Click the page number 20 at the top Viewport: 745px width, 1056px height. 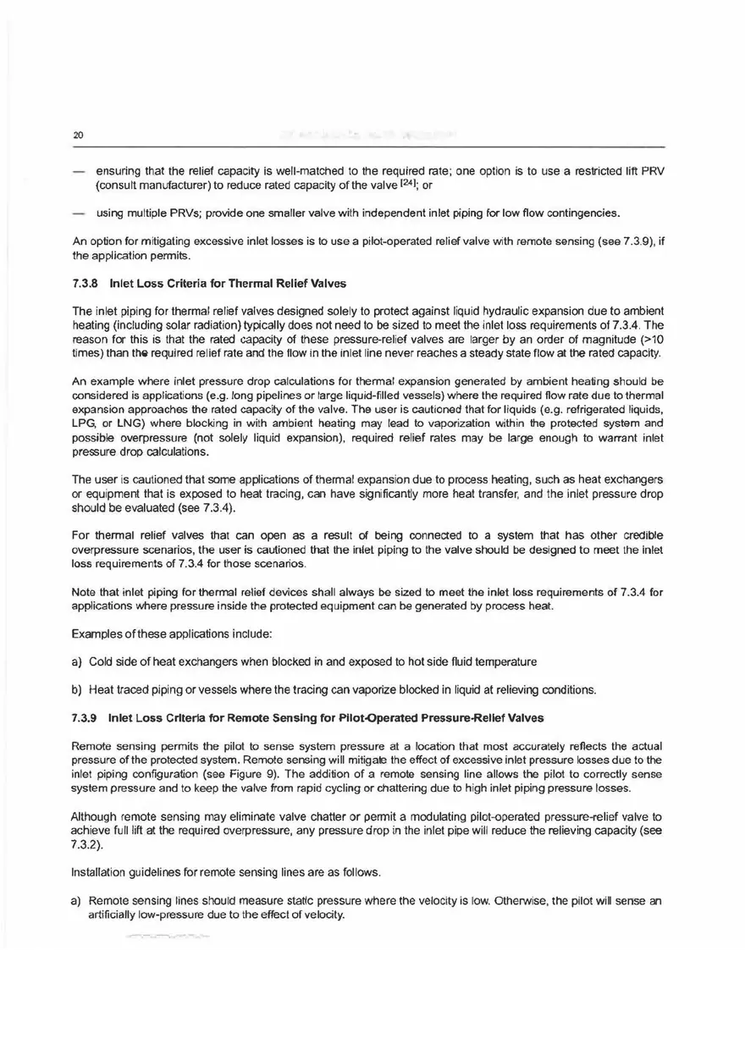tap(76, 135)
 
